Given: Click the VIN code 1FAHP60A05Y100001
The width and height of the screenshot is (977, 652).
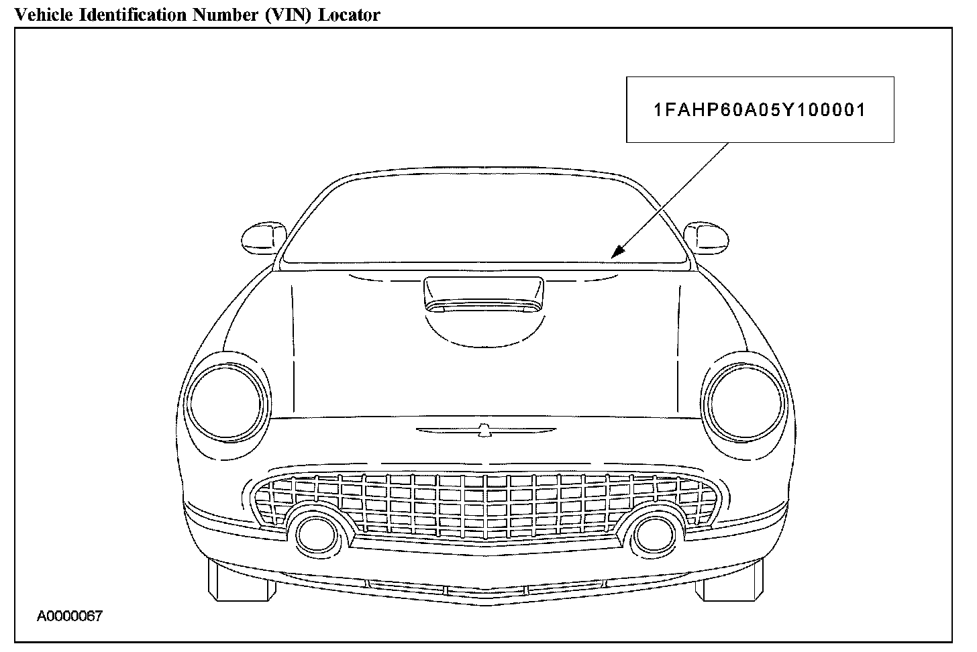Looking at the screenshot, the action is pos(760,110).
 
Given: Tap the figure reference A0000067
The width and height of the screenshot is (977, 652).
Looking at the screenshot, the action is pos(70,616).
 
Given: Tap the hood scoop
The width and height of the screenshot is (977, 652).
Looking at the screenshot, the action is pos(483,294).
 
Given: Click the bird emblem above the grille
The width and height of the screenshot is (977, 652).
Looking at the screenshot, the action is pos(483,431).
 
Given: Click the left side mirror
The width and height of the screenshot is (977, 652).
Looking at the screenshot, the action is pos(263,236).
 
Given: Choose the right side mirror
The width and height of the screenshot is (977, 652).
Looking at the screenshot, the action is pos(706,236).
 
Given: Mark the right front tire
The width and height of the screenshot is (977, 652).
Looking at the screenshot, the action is pos(729,580).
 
